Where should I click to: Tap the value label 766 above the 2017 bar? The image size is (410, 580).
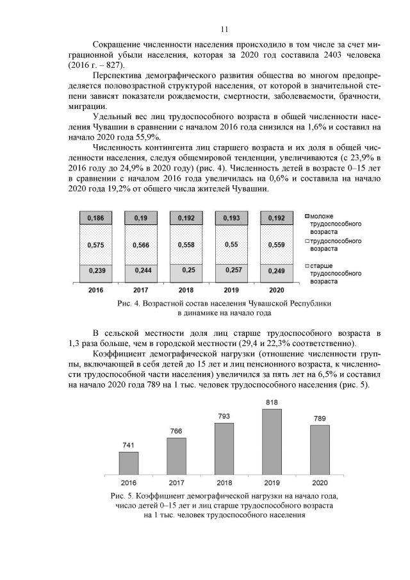coord(176,431)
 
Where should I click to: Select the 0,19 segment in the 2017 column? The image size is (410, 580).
coord(141,219)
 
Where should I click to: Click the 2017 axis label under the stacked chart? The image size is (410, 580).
coord(141,290)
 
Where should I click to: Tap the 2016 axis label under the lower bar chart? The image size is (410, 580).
coord(128,482)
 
